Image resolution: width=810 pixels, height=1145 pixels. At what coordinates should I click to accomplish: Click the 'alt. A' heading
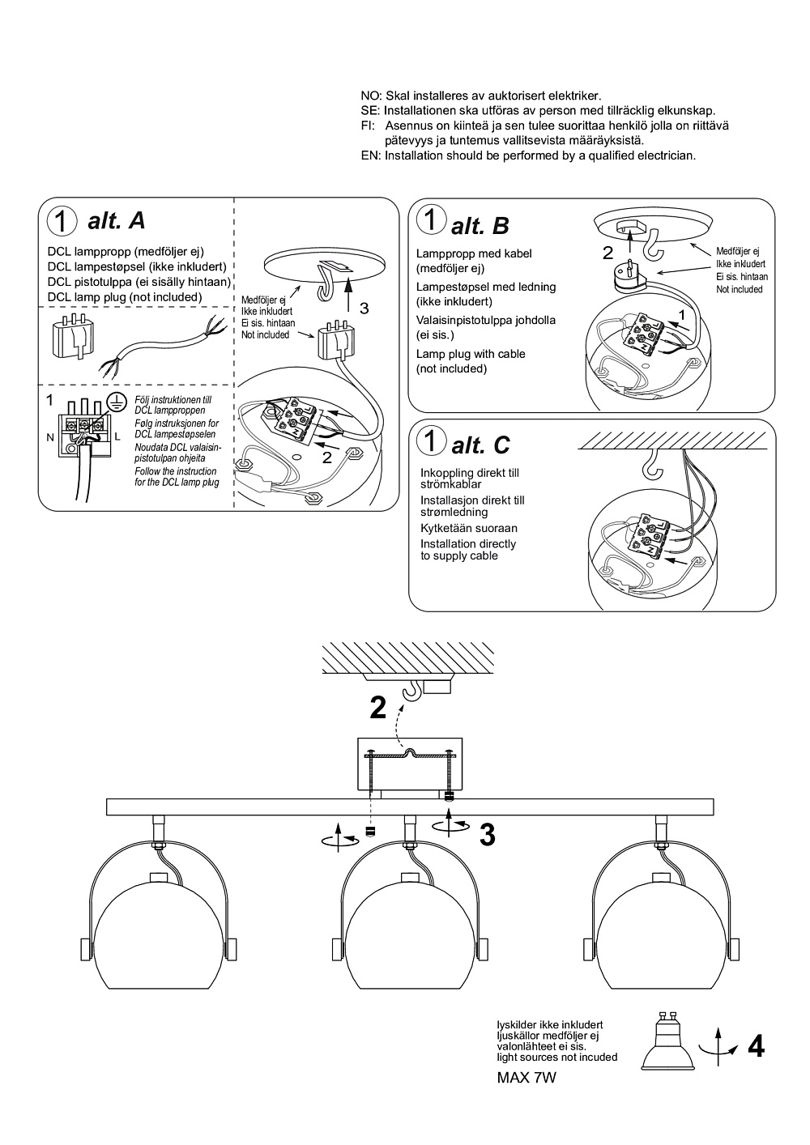click(116, 220)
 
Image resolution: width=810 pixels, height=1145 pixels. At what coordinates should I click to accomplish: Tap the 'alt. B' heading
click(480, 225)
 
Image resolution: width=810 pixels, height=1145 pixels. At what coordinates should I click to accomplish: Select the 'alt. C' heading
click(480, 445)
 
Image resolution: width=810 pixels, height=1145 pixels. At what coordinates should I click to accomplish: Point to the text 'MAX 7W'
click(526, 1078)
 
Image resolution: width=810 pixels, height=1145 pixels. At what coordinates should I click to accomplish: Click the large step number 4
click(756, 1047)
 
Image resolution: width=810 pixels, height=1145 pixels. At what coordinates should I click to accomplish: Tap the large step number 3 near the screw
click(487, 835)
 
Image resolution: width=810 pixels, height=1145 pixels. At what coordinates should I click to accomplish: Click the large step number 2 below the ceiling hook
click(377, 708)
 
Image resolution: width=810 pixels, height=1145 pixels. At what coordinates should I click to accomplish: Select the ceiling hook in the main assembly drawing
click(413, 691)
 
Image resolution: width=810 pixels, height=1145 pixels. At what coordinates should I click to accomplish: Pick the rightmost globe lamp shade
click(660, 935)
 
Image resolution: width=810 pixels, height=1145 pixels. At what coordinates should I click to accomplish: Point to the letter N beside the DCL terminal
click(50, 437)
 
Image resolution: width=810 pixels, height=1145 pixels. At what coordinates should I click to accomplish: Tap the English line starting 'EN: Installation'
click(528, 155)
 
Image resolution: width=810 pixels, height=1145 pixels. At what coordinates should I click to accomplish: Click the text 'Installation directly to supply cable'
click(467, 550)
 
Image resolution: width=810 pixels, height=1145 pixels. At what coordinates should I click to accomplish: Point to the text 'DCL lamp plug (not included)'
click(125, 297)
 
